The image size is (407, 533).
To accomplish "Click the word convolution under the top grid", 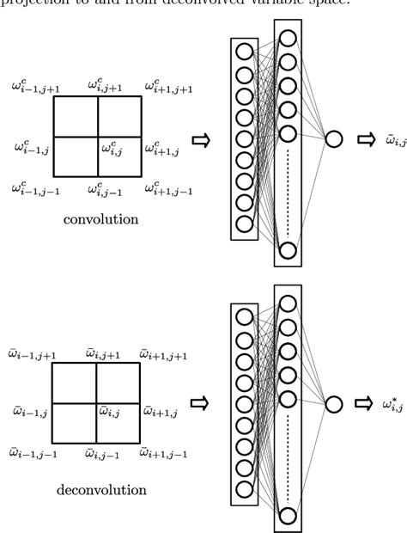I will pyautogui.click(x=100, y=219).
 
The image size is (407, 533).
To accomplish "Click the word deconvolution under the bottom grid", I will pyautogui.click(x=100, y=491).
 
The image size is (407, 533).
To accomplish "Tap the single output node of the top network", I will pyautogui.click(x=333, y=139).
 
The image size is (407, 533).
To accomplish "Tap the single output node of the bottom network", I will pyautogui.click(x=333, y=402).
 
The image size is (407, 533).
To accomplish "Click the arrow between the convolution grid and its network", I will pyautogui.click(x=201, y=139).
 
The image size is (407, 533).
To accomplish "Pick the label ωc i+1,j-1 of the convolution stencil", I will pyautogui.click(x=167, y=187).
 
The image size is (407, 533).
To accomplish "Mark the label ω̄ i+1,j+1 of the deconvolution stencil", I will pyautogui.click(x=164, y=354).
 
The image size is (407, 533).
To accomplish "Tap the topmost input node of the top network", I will pyautogui.click(x=245, y=51).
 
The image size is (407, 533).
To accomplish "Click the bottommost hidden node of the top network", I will pyautogui.click(x=289, y=250).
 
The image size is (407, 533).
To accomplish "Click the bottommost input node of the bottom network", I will pyautogui.click(x=245, y=488).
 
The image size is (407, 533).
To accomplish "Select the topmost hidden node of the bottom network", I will pyautogui.click(x=289, y=303).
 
